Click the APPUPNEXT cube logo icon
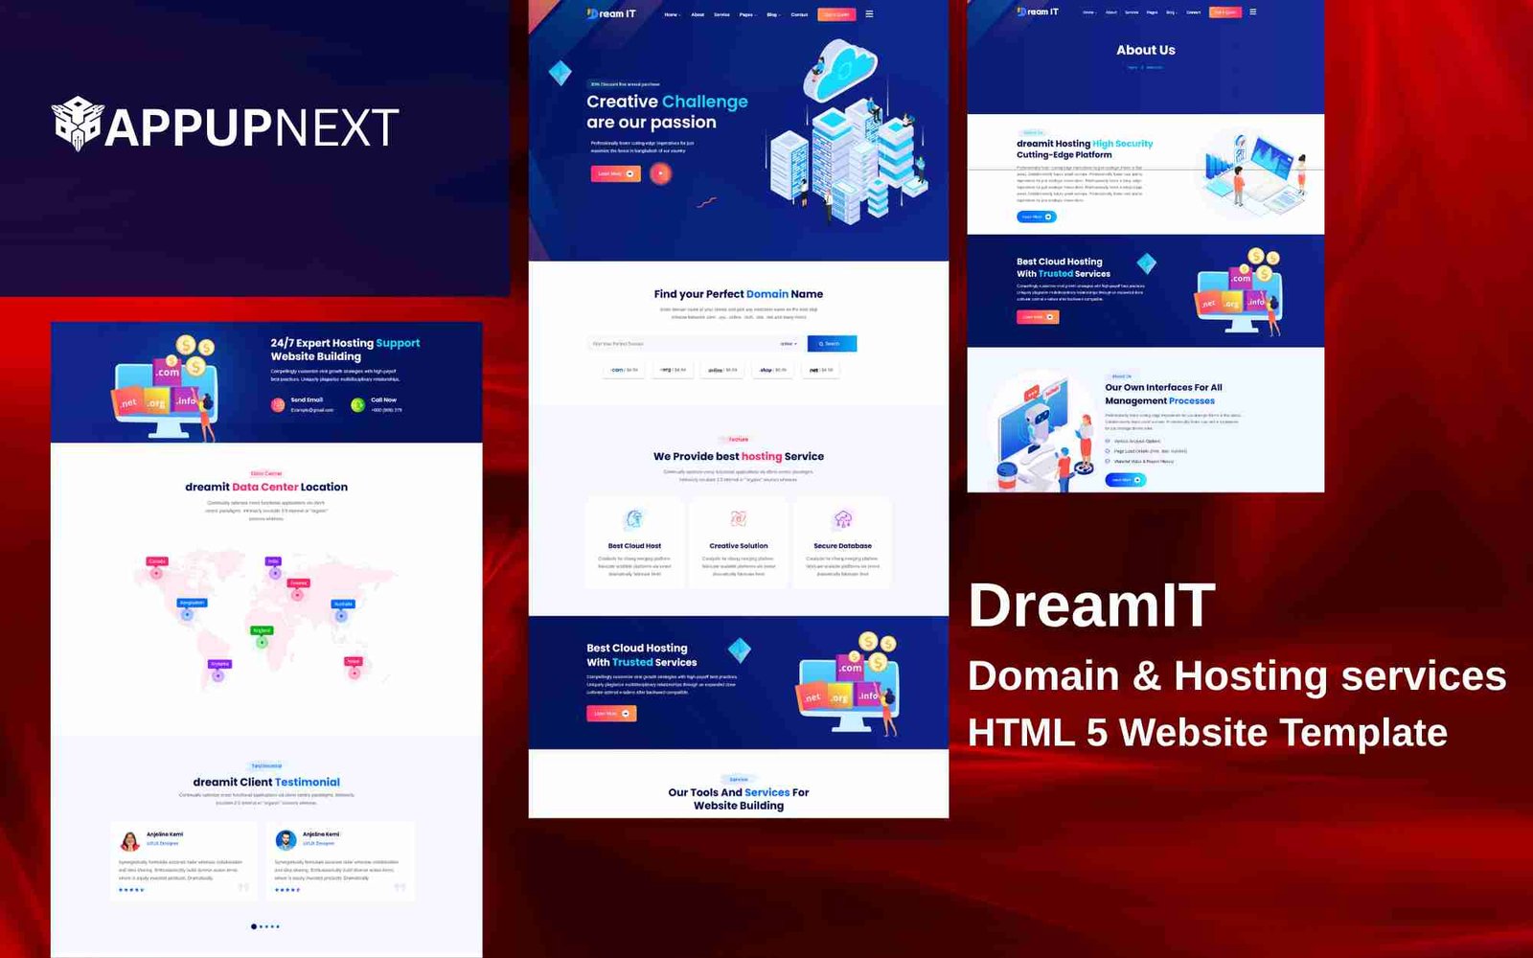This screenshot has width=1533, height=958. pos(78,124)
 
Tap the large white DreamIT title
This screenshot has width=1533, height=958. pos(1091,605)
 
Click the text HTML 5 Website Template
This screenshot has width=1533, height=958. pos(1207,733)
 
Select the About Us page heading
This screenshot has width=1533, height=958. pos(1145,50)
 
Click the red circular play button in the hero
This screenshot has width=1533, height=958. pos(660,173)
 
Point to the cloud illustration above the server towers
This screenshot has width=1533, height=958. pos(841,69)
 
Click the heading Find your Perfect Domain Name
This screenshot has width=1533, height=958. pos(738,294)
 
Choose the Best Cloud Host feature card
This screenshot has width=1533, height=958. pos(634,542)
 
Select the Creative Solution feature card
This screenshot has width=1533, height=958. pos(738,542)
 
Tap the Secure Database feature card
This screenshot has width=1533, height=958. pos(842,542)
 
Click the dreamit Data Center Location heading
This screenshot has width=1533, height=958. pos(266,487)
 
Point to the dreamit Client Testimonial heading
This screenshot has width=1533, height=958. pos(266,782)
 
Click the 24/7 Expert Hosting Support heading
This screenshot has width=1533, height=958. pos(345,343)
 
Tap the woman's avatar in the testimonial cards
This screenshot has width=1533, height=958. pos(129,841)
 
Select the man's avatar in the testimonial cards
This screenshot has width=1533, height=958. pos(286,840)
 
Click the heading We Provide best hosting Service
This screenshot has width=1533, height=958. pos(738,456)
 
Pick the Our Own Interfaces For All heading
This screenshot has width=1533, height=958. pos(1163,388)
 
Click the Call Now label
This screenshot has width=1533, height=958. pos(383,399)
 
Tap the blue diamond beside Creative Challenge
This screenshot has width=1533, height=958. pos(560,73)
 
